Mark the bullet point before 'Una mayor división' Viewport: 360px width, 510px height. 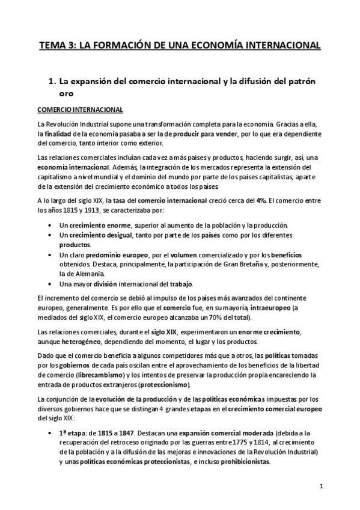pos(48,284)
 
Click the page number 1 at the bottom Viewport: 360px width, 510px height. pos(322,486)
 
